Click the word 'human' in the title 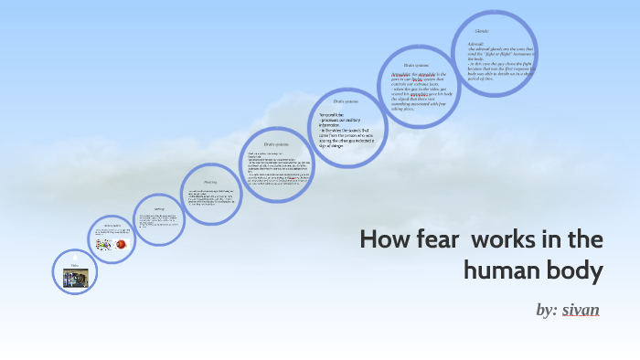point(505,271)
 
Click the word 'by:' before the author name point(547,310)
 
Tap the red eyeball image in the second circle point(120,245)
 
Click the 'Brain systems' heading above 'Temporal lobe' point(345,101)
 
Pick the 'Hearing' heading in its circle point(210,182)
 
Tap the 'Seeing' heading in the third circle point(159,209)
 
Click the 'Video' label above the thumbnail point(75,266)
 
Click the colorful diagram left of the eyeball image point(104,245)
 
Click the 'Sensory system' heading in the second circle point(112,226)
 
